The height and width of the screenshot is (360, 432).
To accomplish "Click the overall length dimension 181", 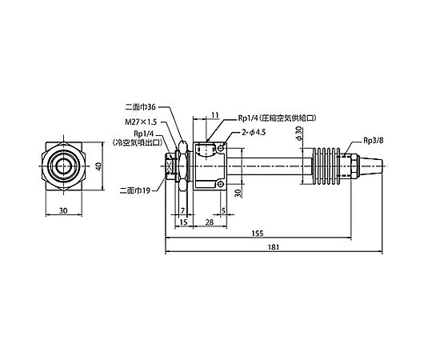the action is click(274, 247).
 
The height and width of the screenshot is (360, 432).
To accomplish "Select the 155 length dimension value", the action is click(258, 234).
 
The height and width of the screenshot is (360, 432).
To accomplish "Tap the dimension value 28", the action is click(210, 222).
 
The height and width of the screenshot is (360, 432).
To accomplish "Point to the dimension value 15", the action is click(183, 222).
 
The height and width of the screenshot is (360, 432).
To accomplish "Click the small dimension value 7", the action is click(182, 210).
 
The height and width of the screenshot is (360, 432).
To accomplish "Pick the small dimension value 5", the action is click(223, 210).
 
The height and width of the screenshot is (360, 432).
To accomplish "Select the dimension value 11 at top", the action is click(215, 115).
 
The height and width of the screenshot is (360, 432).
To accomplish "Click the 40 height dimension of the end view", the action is click(99, 166).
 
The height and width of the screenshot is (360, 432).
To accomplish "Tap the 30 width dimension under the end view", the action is click(63, 210).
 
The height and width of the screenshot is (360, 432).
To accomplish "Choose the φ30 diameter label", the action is click(299, 134).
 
